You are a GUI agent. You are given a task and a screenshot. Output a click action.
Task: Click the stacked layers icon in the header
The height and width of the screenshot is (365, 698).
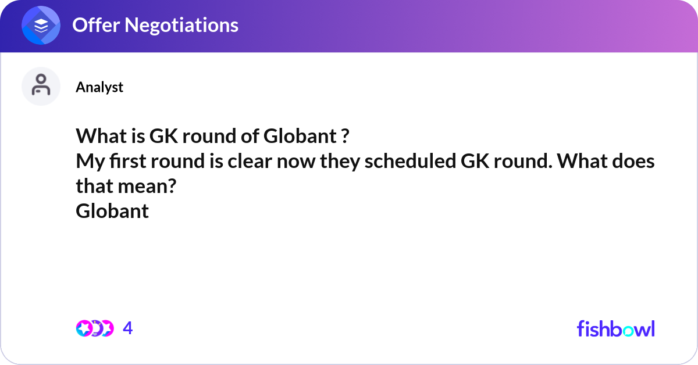[x=41, y=26]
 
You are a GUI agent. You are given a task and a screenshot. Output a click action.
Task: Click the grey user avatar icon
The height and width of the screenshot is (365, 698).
[x=41, y=87]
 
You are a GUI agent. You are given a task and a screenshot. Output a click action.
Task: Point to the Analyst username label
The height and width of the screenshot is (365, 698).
[x=99, y=87]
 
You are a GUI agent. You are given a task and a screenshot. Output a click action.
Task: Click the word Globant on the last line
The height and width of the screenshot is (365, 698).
[x=112, y=210]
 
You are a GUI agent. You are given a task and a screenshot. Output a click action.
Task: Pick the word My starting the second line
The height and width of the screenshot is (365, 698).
[x=87, y=162]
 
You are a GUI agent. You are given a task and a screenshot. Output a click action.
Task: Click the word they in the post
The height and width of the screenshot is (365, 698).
[x=339, y=162]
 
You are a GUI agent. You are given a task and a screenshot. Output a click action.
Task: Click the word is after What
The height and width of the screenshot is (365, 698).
[x=136, y=137]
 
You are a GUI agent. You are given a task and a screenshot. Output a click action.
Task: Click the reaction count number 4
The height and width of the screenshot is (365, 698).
[x=128, y=328]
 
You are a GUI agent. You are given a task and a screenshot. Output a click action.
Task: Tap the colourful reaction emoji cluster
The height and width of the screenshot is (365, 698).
[x=95, y=328]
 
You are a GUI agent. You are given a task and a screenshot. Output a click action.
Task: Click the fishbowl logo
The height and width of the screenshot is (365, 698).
[x=615, y=328]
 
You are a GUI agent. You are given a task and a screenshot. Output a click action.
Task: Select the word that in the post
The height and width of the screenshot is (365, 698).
[x=95, y=186]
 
